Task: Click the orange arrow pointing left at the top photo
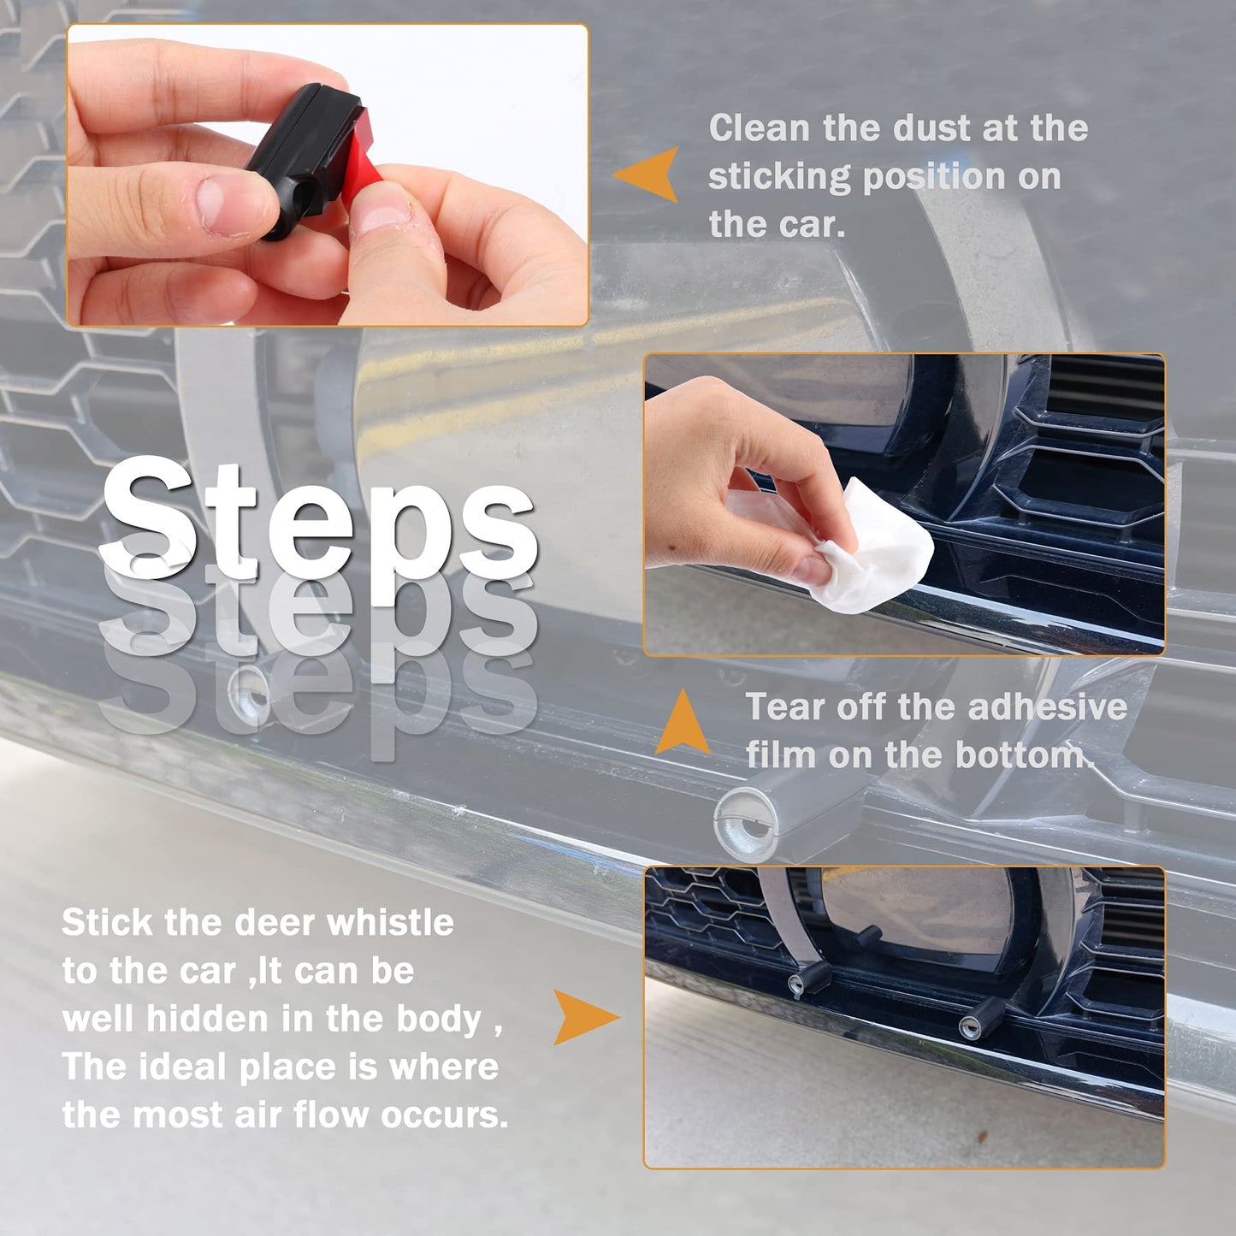(648, 174)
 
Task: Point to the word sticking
(778, 177)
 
